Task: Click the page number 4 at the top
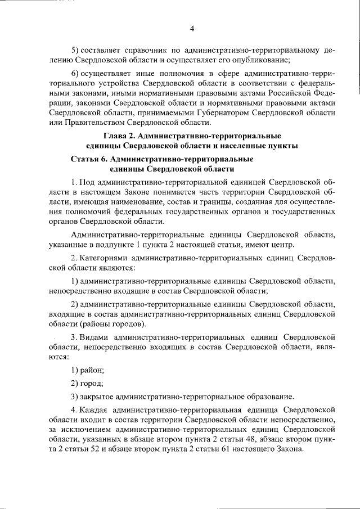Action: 191,29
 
